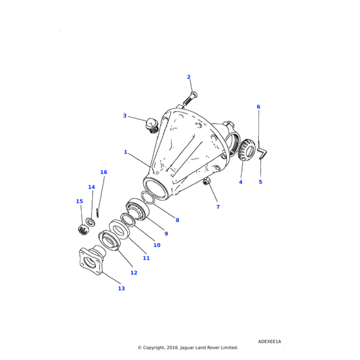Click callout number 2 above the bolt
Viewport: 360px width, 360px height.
188,77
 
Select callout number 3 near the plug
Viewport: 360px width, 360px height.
125,116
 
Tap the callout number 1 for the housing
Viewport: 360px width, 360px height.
125,152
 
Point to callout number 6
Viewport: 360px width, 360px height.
259,107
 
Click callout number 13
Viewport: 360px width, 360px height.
121,289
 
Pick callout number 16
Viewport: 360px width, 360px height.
104,172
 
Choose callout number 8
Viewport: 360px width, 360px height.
177,220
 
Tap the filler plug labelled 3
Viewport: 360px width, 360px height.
151,125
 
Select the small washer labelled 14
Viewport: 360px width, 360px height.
90,223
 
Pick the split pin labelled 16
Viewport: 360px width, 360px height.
97,212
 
